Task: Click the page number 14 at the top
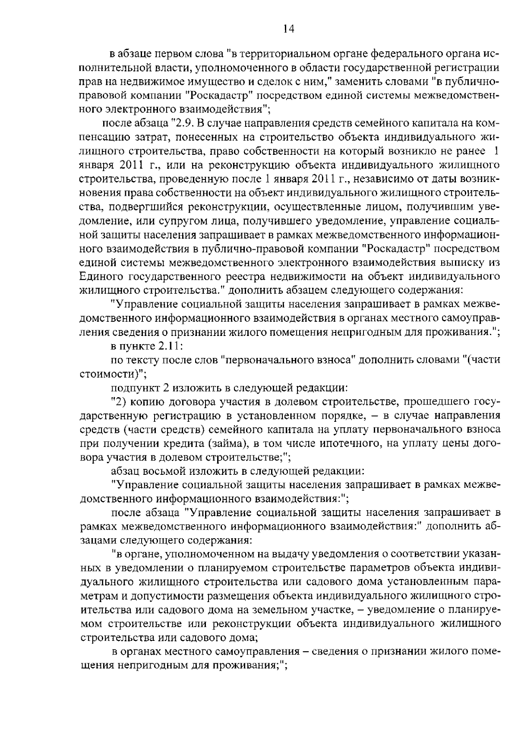coord(288,28)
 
